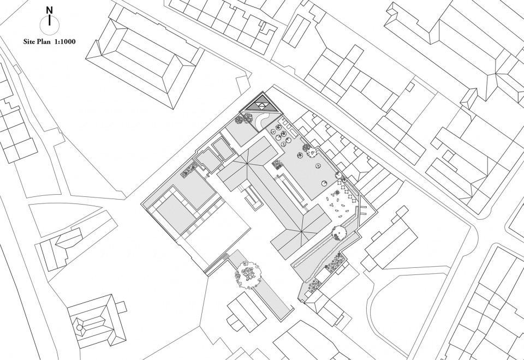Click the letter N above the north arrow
coord(50,10)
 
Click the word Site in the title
coord(29,42)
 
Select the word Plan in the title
coord(45,42)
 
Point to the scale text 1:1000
coord(65,42)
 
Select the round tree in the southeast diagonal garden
coord(338,232)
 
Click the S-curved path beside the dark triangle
coord(263,121)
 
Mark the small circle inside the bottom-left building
coord(79,328)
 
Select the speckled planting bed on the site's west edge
coord(188,169)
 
